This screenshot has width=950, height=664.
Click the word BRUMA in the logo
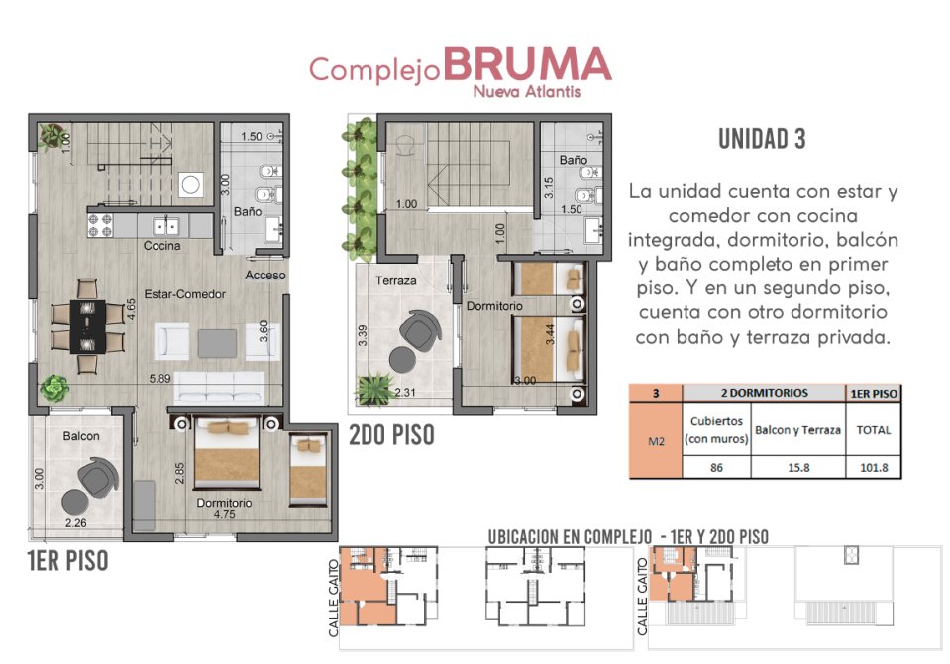coord(527,63)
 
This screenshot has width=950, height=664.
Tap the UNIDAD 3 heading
coord(762,139)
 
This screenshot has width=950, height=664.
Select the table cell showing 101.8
coord(874,467)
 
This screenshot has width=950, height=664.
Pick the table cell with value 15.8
coord(798,467)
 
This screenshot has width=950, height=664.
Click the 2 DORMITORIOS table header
coord(764,393)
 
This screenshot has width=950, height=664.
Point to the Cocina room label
coord(161,246)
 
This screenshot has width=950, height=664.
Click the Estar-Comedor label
coord(185,294)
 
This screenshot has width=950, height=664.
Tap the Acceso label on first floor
coord(265,276)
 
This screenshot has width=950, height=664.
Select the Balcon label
coord(81,436)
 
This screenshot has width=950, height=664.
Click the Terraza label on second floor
coord(395,280)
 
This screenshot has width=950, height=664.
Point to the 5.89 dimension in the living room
coord(159,379)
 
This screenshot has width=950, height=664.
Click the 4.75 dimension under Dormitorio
coord(224,514)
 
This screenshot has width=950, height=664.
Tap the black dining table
coord(88,326)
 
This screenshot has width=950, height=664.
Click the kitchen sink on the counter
coord(165,226)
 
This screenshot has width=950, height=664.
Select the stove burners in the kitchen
coord(101,226)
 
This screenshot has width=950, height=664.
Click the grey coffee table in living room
coord(217,343)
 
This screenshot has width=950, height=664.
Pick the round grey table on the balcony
coord(75,502)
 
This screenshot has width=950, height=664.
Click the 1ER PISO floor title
coord(67,560)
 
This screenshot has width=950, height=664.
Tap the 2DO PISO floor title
coord(391,435)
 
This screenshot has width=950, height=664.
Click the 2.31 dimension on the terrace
coord(405,392)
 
